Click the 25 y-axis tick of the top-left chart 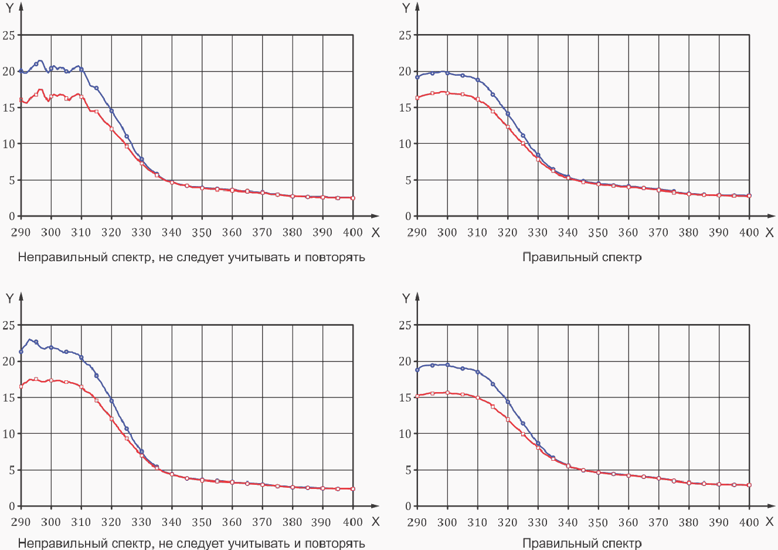(9, 35)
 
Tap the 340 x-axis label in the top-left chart (172, 232)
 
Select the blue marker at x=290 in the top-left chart (21, 71)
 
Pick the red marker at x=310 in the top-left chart (81, 97)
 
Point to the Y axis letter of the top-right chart (406, 8)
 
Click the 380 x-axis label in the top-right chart (688, 232)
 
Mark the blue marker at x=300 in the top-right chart (447, 73)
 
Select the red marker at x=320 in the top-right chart (508, 127)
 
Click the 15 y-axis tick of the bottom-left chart (9, 398)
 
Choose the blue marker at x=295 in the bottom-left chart (36, 342)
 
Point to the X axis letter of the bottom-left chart (375, 521)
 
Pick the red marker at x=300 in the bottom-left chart (51, 380)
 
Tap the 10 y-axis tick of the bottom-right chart (405, 434)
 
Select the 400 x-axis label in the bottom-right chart (749, 522)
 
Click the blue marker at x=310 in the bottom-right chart (478, 372)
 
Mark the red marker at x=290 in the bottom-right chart (417, 396)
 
